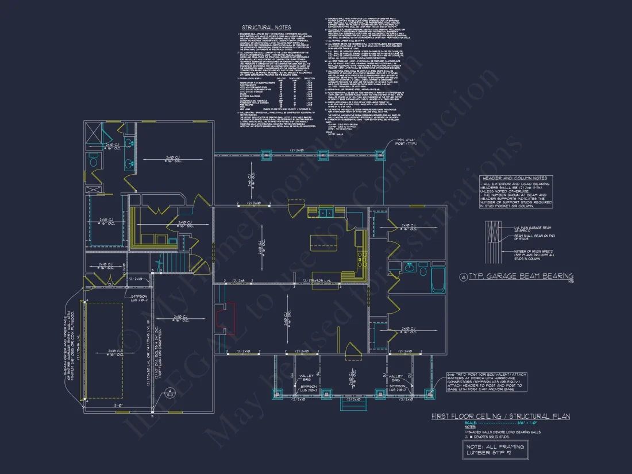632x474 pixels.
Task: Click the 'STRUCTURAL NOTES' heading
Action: pos(266,28)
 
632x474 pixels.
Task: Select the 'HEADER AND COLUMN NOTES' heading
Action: pos(515,178)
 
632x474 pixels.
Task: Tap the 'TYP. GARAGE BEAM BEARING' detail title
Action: pos(521,276)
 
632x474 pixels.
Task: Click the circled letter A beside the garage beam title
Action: pos(463,277)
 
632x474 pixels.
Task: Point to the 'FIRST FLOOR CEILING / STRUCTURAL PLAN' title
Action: pos(500,417)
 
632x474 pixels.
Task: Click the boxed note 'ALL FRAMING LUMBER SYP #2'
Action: pos(494,449)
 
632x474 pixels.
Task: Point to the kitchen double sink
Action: pos(326,213)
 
